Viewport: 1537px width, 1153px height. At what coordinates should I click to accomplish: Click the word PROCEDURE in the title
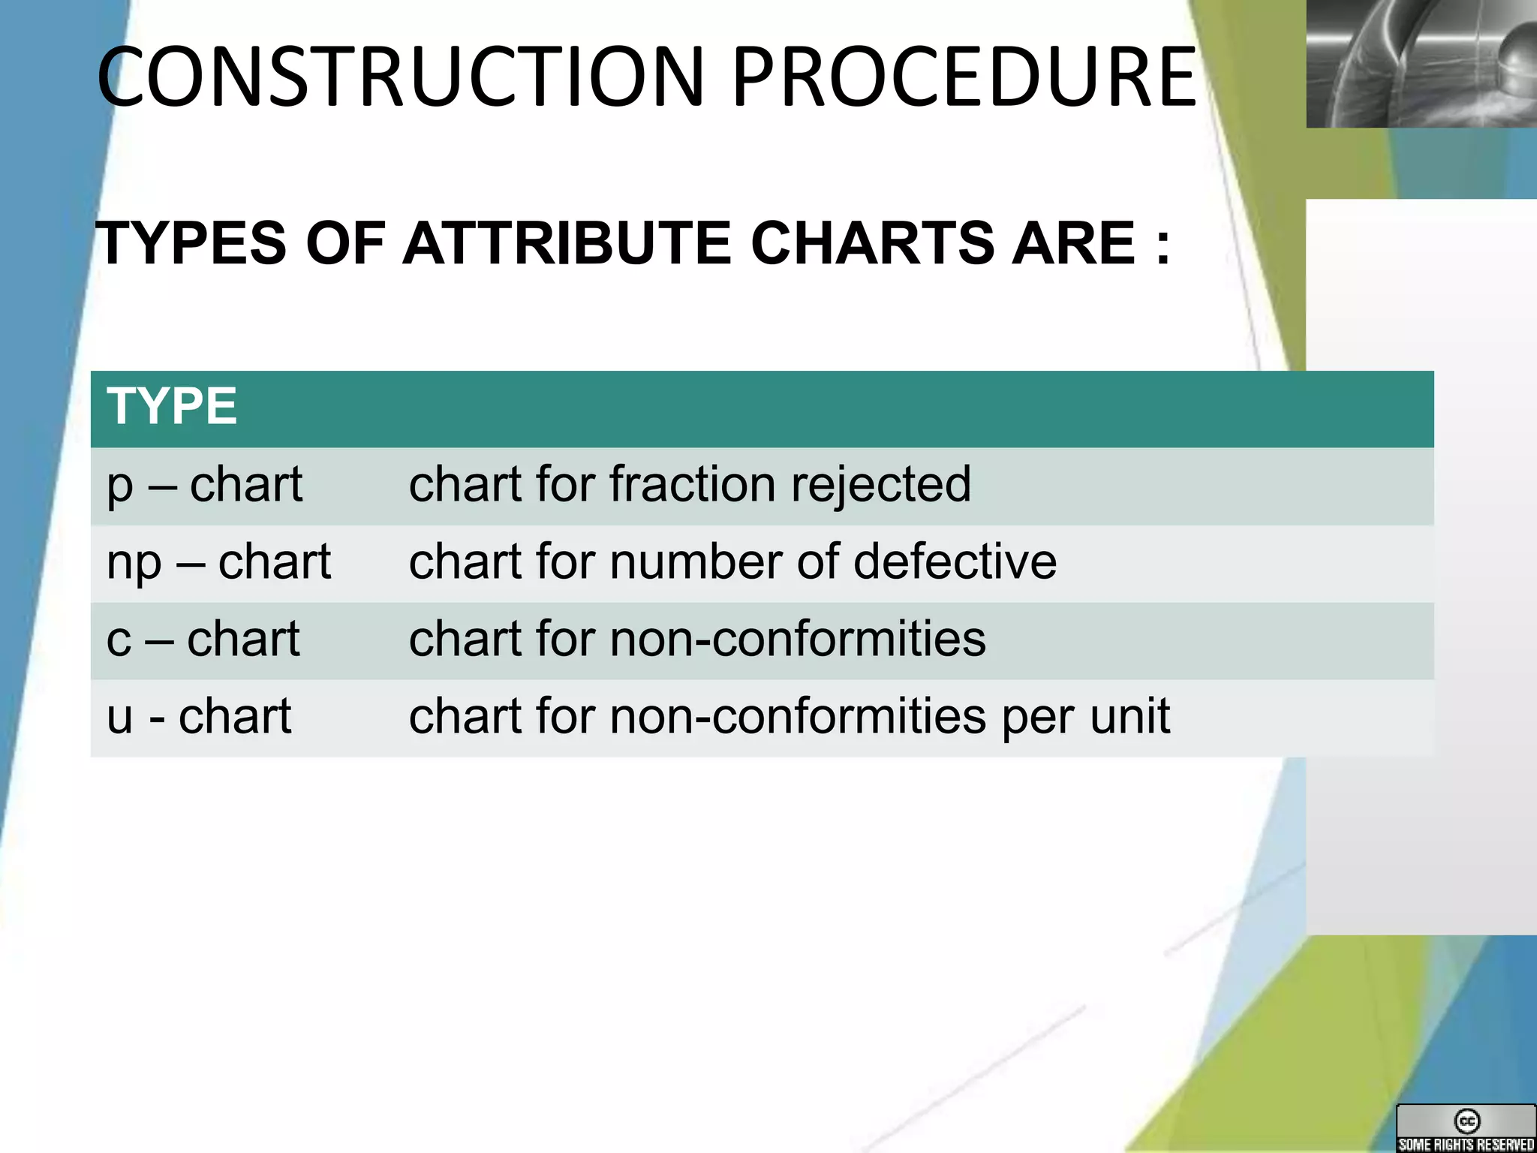(964, 77)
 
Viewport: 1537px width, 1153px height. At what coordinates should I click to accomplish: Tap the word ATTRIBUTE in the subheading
(567, 243)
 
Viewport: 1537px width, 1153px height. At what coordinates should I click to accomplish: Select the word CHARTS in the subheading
(871, 243)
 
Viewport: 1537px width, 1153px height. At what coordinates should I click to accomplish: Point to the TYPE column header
(172, 406)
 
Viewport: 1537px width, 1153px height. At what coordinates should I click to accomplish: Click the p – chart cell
(205, 484)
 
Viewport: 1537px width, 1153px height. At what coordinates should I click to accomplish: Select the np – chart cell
(218, 561)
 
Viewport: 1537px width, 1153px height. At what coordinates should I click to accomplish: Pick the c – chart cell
(203, 639)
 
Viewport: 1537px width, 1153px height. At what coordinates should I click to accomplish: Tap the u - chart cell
(199, 716)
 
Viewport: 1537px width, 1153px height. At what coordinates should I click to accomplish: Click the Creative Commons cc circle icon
(1466, 1121)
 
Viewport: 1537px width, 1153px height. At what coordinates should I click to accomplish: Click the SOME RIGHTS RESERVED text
(1466, 1144)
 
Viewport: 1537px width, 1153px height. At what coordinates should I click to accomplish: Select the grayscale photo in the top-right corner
(1421, 63)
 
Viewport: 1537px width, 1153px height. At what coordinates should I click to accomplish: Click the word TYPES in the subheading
(192, 243)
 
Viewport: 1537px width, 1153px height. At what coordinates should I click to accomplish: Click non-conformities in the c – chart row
(798, 639)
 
